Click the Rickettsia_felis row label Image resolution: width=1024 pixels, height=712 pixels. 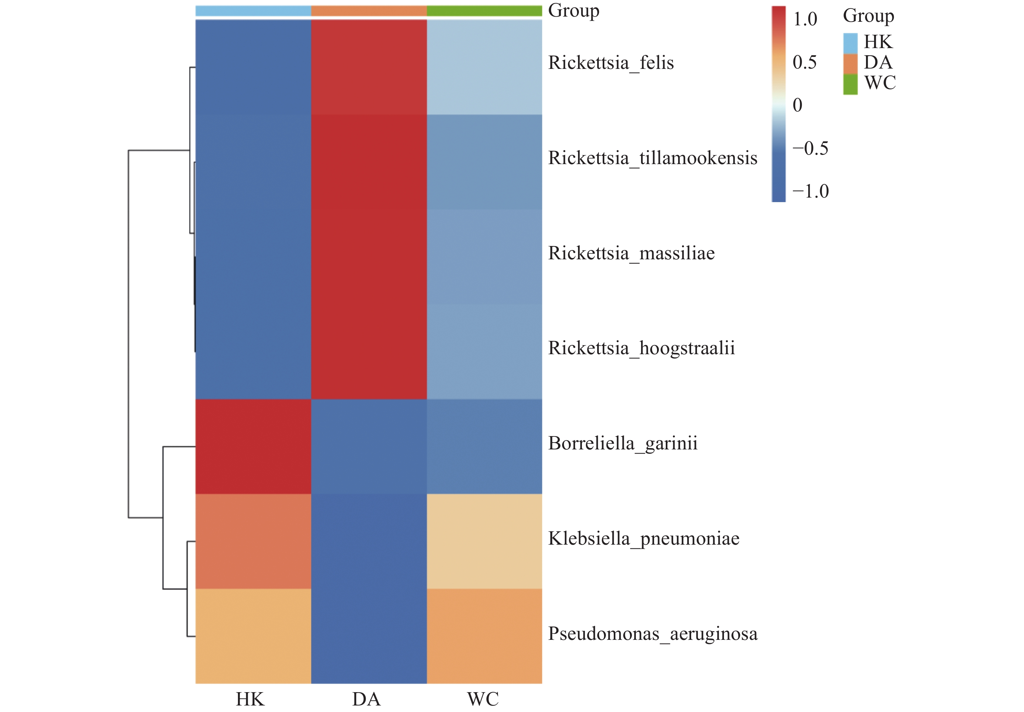click(x=610, y=63)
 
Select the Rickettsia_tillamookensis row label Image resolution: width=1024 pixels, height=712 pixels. click(x=652, y=158)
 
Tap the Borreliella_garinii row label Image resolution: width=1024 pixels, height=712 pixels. click(x=623, y=444)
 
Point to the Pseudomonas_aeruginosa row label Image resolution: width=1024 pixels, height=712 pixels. click(x=652, y=634)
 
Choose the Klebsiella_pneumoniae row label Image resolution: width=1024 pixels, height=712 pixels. click(x=644, y=538)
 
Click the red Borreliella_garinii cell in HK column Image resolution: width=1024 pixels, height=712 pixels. click(x=253, y=446)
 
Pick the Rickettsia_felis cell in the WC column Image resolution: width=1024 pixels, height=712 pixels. click(x=484, y=67)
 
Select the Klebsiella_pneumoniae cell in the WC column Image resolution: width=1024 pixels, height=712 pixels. click(x=484, y=541)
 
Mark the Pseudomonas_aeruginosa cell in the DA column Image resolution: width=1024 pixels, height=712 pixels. click(x=369, y=636)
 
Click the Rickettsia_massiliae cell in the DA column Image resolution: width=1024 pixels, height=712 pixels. click(x=369, y=257)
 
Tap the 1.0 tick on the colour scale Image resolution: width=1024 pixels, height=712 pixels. click(x=805, y=19)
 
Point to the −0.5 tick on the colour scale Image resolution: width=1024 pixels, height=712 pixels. click(x=810, y=149)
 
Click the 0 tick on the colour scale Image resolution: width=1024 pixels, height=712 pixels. click(x=797, y=105)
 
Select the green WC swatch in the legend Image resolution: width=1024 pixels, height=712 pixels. click(x=850, y=84)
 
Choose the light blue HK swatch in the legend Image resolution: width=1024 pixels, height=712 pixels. click(x=850, y=43)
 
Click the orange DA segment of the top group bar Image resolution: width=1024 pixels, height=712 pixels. click(x=369, y=11)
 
